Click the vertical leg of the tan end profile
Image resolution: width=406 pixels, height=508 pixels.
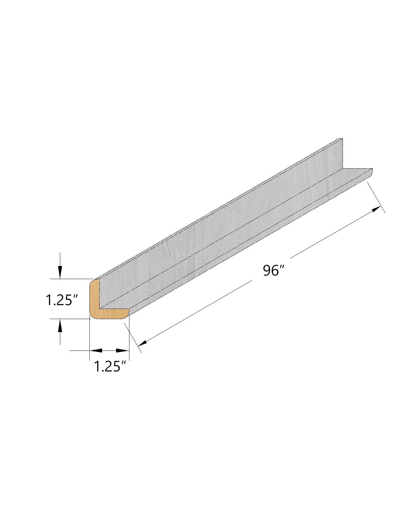[94, 295]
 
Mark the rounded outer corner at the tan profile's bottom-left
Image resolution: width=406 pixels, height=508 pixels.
[92, 316]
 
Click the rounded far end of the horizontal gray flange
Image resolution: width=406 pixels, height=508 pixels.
[371, 171]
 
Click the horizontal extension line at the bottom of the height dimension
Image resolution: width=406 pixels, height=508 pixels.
[70, 318]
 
